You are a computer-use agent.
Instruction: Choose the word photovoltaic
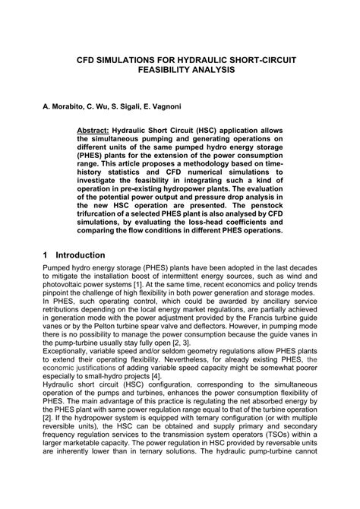[66, 289]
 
